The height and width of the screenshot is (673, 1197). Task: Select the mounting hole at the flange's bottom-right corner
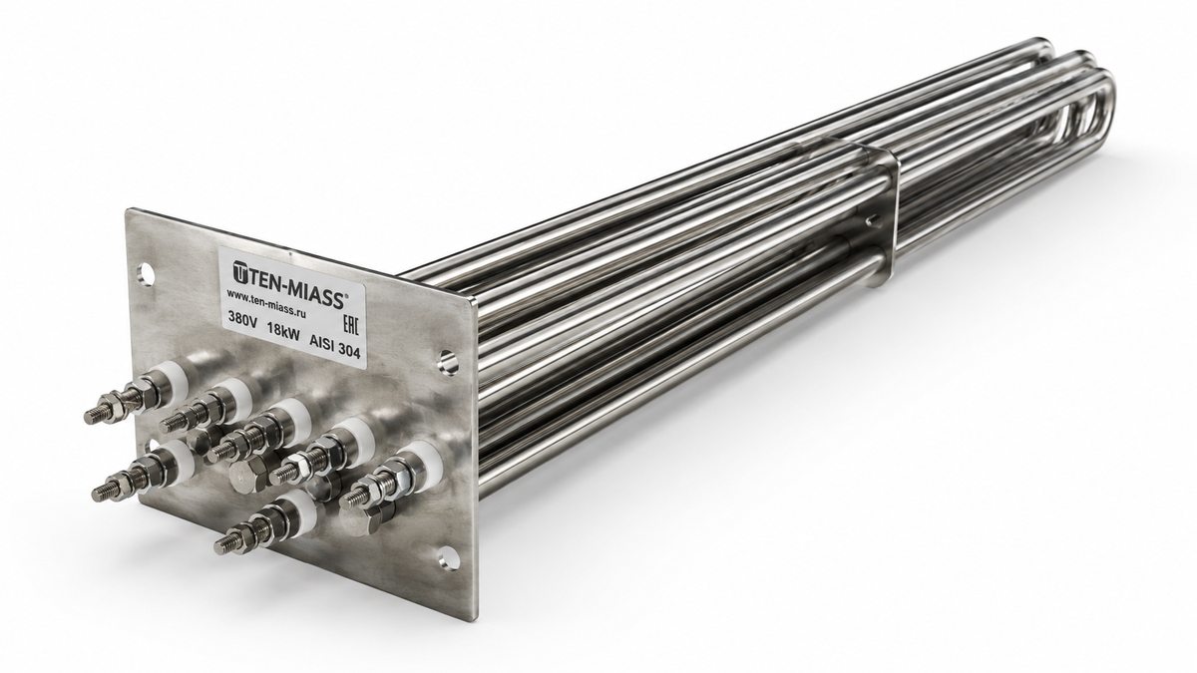(447, 559)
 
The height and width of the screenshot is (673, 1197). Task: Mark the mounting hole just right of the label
(447, 361)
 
